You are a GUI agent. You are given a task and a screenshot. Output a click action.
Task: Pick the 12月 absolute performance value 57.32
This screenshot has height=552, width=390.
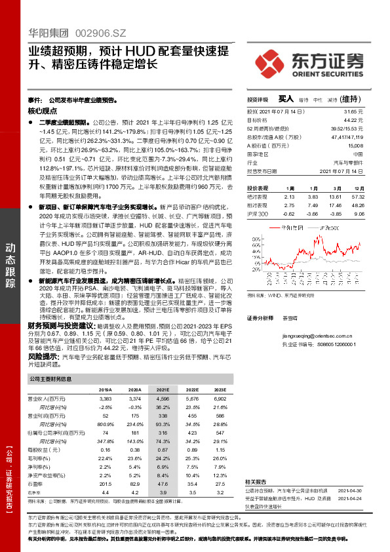click(x=357, y=196)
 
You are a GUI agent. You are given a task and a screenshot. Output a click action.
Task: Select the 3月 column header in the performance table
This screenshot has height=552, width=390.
click(x=334, y=187)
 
